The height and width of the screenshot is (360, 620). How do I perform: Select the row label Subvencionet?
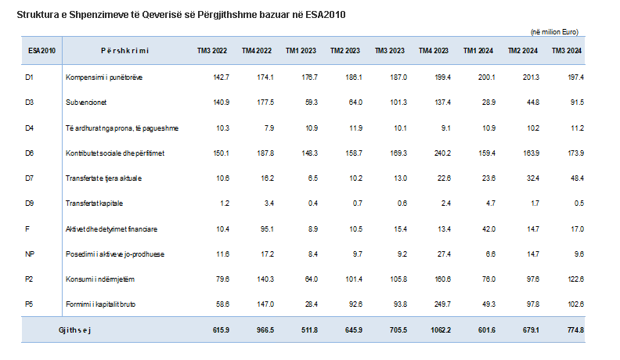click(x=88, y=103)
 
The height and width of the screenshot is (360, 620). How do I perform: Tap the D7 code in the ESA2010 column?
click(x=30, y=178)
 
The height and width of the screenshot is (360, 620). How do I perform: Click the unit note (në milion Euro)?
click(x=554, y=31)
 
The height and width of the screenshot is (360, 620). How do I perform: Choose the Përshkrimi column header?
click(x=124, y=51)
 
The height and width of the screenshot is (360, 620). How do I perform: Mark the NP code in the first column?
click(x=31, y=254)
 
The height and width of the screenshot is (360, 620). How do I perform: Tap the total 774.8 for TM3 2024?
click(x=575, y=330)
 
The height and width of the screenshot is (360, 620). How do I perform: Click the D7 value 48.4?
click(x=577, y=178)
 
